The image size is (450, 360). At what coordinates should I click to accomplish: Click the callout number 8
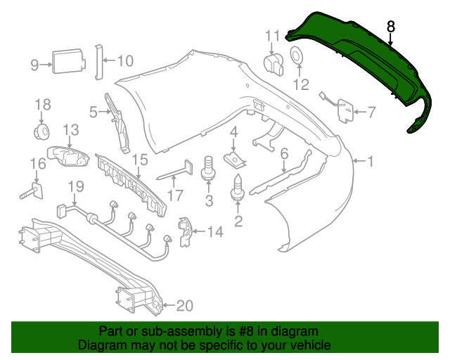[392, 27]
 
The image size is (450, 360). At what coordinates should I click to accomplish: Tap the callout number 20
[184, 305]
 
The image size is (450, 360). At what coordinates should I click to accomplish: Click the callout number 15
[140, 160]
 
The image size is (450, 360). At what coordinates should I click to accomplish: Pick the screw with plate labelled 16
[35, 188]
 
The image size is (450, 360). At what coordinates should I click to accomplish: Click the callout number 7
[371, 111]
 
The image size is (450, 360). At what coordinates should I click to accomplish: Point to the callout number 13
[71, 129]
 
